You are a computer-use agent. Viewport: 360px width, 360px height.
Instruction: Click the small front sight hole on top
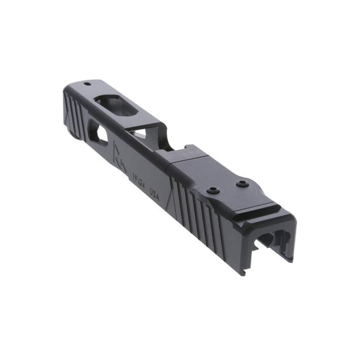pyautogui.click(x=87, y=85)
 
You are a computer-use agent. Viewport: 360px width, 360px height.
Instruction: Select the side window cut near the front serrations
pyautogui.click(x=99, y=136)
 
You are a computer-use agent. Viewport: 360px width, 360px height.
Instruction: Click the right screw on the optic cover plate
pyautogui.click(x=240, y=182)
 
